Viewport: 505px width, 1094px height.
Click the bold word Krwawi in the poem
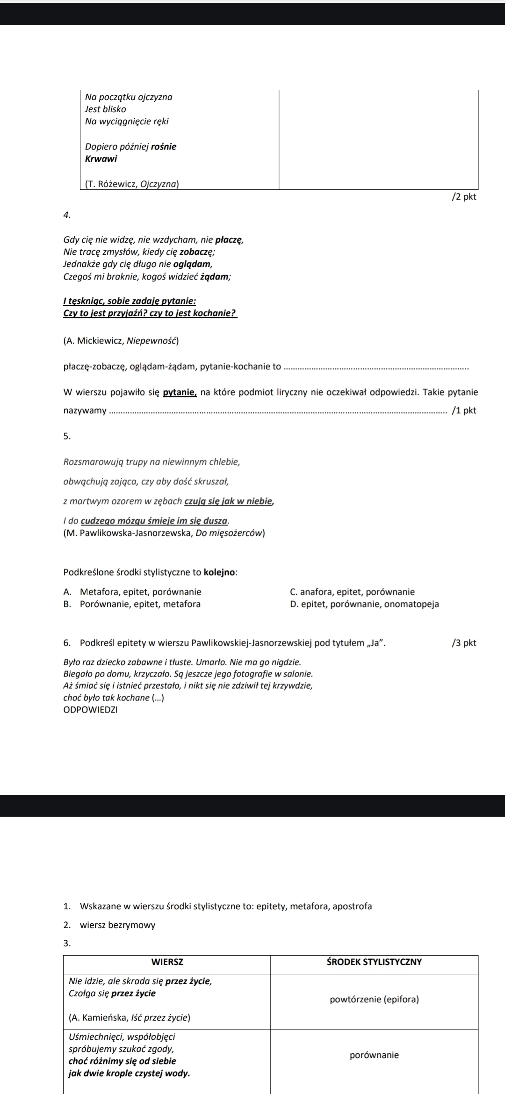101,158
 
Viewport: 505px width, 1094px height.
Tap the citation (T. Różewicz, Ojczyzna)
132,184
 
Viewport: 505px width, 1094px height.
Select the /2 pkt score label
463,197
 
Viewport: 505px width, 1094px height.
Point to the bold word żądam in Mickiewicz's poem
215,277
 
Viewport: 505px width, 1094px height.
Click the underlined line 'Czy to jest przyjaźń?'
150,313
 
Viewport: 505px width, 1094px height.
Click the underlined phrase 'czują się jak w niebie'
229,501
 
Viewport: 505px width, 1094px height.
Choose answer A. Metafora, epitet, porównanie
132,592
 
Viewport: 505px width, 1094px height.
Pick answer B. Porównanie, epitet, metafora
132,604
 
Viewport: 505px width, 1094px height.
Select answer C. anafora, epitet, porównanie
352,592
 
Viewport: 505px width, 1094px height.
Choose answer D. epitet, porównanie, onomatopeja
364,604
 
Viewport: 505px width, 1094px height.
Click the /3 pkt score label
463,643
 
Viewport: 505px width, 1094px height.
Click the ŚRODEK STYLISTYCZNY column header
374,962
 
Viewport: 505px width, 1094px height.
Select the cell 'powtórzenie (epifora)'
374,1000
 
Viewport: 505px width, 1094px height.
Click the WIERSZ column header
167,962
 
